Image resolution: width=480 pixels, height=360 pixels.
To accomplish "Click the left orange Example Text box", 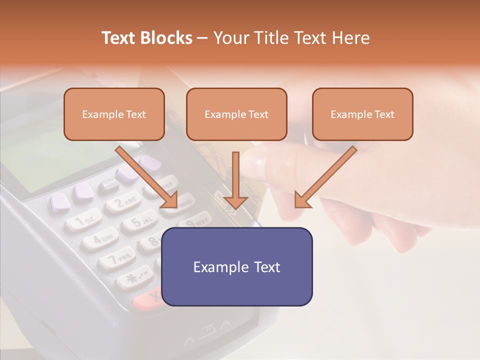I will (x=114, y=114).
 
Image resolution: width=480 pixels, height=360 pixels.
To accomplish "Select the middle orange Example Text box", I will (x=236, y=114).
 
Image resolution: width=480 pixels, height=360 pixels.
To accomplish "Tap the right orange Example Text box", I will (x=362, y=114).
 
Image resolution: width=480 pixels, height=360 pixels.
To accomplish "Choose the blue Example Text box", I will (x=237, y=266).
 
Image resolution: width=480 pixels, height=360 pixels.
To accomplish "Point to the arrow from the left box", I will (x=146, y=176).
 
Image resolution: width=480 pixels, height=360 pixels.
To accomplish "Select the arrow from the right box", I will (x=326, y=177).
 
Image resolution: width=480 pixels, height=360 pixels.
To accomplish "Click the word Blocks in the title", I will (x=166, y=38).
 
